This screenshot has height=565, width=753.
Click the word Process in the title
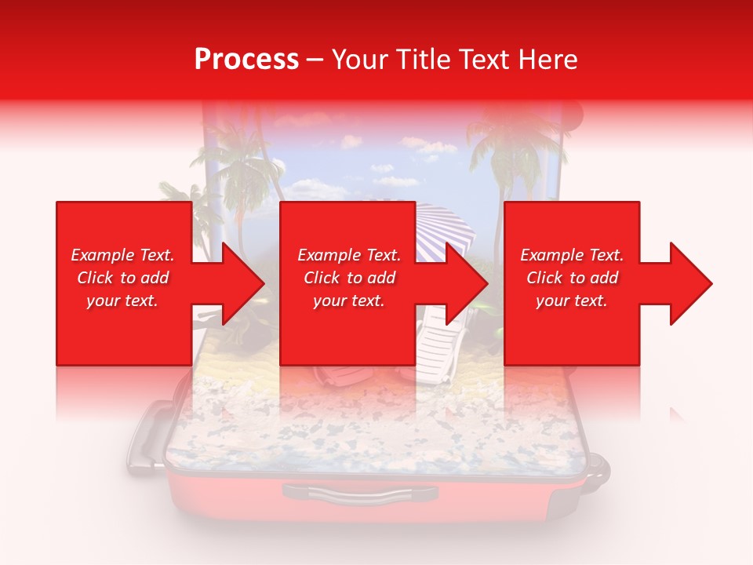(246, 60)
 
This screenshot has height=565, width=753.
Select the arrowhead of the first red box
(235, 283)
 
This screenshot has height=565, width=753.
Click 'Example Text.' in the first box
(122, 255)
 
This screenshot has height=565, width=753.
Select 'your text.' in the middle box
(348, 301)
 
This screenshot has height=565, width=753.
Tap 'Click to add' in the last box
(572, 278)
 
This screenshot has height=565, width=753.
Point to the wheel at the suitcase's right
(598, 468)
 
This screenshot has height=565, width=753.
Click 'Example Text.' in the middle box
(348, 255)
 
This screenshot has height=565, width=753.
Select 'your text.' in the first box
(122, 301)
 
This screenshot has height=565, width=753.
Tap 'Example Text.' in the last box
(572, 255)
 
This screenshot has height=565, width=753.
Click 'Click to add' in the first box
(122, 278)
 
